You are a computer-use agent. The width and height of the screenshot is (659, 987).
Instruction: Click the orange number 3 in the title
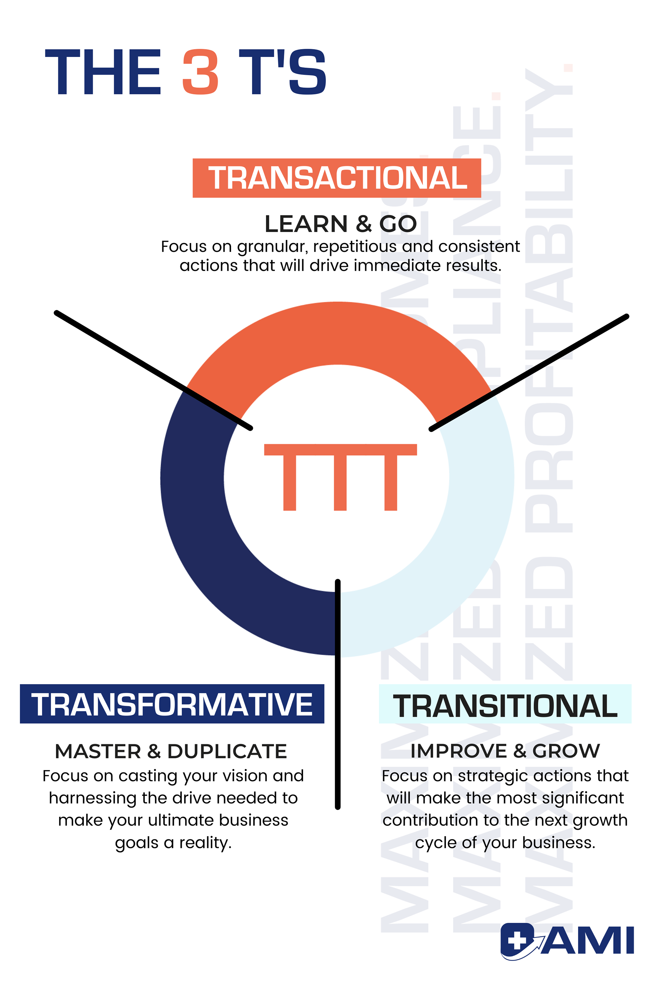[x=200, y=72]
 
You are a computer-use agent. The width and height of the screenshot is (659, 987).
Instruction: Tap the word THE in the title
[x=103, y=72]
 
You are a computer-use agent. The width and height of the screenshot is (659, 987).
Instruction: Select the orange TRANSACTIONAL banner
[x=337, y=178]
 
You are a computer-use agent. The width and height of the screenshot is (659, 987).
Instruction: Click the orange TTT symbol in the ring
[x=340, y=477]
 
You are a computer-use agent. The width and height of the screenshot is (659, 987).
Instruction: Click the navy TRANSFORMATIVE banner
[x=172, y=704]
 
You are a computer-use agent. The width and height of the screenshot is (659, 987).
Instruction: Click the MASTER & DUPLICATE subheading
[x=171, y=751]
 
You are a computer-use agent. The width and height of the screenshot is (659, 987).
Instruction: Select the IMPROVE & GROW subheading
[x=505, y=751]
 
